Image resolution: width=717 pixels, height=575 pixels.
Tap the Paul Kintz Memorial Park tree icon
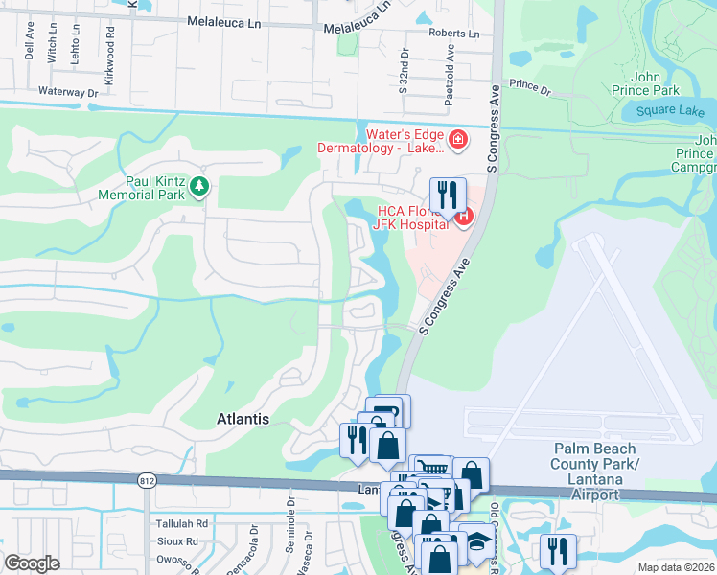[x=199, y=185]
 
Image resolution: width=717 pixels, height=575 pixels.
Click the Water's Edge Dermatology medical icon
[x=457, y=142]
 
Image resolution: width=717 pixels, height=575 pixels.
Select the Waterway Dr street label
[x=68, y=92]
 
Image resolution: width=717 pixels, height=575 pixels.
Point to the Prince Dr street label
[x=530, y=87]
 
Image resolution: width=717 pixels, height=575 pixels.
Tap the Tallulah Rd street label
[x=183, y=524]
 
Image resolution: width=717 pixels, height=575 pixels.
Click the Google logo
[x=32, y=563]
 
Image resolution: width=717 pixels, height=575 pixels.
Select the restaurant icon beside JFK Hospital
[x=448, y=194]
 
